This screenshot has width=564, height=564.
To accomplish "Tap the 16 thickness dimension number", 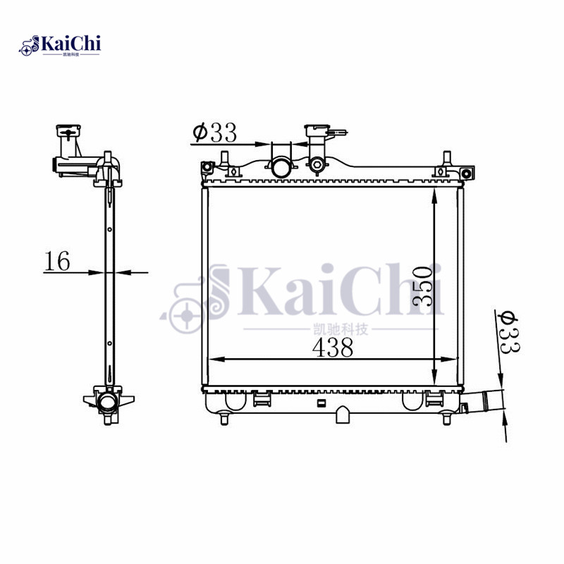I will click(58, 261).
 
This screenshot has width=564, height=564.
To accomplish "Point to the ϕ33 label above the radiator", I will click(214, 132).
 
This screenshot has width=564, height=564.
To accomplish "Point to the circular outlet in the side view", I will click(109, 403).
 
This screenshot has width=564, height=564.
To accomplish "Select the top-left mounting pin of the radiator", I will click(225, 158).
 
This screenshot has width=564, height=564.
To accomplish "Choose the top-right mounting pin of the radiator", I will click(446, 158).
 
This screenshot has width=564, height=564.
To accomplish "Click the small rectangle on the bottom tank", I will click(321, 403).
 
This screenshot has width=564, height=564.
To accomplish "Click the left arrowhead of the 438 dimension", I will click(214, 360).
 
